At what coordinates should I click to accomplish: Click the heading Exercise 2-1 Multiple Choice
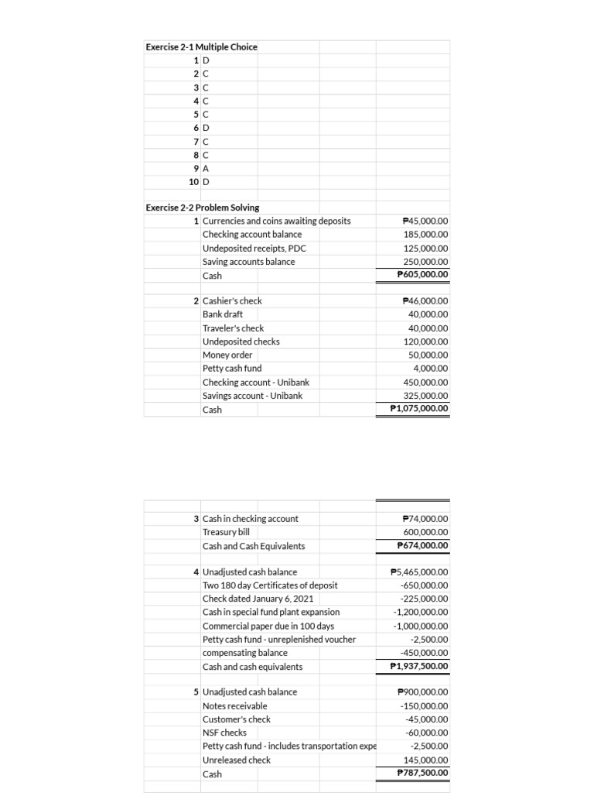click(x=202, y=46)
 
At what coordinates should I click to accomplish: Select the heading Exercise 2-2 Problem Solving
click(x=203, y=208)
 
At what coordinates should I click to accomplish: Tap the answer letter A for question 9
click(x=206, y=169)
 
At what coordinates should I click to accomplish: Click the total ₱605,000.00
click(x=422, y=275)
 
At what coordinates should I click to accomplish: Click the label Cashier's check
click(x=232, y=300)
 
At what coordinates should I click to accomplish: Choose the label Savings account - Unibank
click(x=252, y=396)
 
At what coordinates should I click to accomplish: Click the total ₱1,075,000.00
click(x=420, y=409)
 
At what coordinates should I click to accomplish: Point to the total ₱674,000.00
click(x=422, y=546)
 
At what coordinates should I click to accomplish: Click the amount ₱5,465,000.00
click(x=420, y=572)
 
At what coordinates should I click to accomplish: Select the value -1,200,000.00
click(x=421, y=613)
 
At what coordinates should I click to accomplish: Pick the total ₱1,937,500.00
click(x=420, y=666)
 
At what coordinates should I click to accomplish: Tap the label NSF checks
click(x=224, y=733)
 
